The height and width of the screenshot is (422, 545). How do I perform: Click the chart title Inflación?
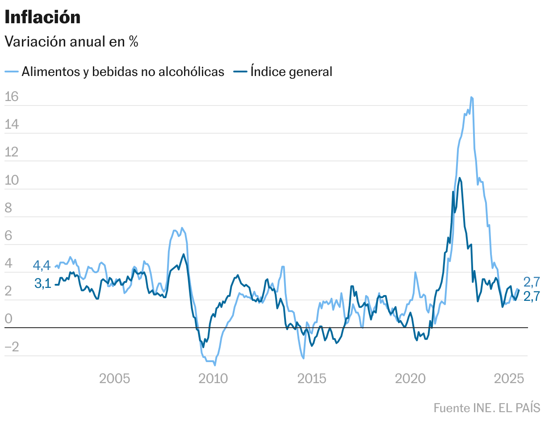click(x=42, y=17)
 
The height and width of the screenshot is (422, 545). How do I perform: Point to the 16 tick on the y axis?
click(x=12, y=97)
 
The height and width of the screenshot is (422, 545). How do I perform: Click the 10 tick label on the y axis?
click(x=12, y=180)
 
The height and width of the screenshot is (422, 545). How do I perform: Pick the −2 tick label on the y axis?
click(x=12, y=347)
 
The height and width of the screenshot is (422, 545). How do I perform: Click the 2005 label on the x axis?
click(x=114, y=379)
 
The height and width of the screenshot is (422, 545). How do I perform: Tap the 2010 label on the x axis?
click(x=213, y=379)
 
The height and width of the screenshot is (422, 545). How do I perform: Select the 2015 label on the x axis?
click(x=312, y=379)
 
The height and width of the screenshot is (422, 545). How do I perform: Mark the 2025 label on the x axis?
click(x=509, y=379)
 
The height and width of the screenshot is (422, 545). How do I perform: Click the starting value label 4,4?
click(x=42, y=266)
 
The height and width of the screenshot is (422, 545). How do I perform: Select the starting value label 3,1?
click(x=42, y=283)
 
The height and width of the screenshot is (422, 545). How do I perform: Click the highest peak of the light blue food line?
click(x=471, y=97)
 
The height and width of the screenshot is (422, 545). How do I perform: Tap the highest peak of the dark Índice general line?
click(x=460, y=178)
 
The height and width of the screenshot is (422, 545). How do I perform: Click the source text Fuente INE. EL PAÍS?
click(x=486, y=408)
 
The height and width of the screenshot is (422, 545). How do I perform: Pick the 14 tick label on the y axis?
click(x=12, y=125)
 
